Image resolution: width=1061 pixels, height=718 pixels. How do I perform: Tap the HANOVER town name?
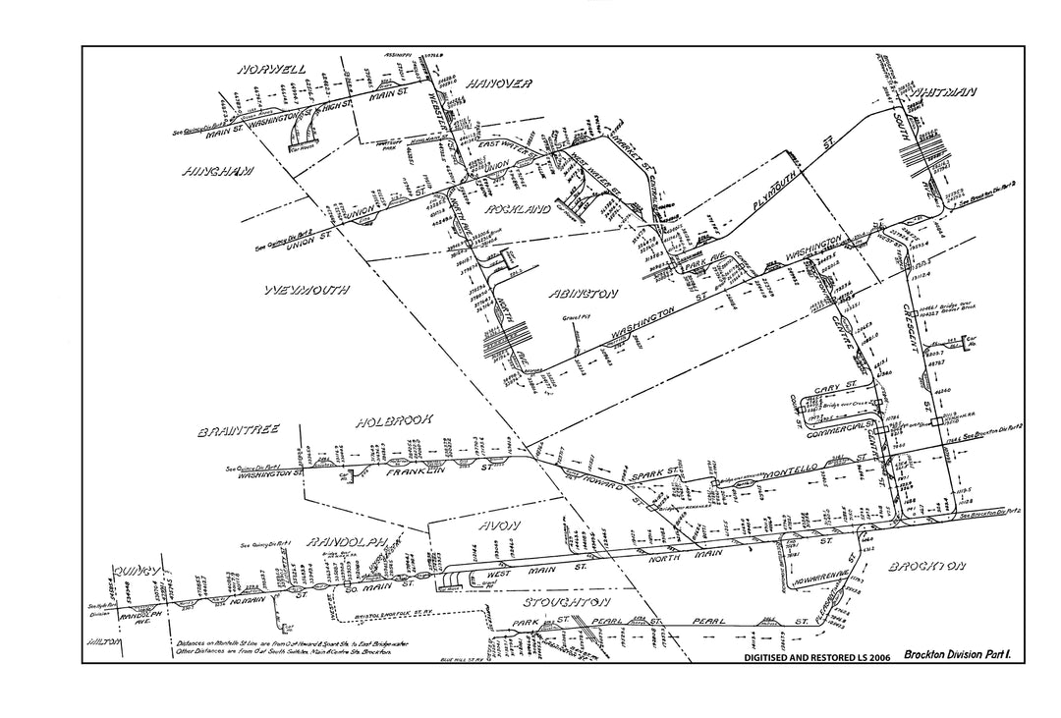[498, 83]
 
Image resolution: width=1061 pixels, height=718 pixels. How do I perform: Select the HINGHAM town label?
[217, 172]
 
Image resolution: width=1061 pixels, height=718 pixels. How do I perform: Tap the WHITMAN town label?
[943, 92]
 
